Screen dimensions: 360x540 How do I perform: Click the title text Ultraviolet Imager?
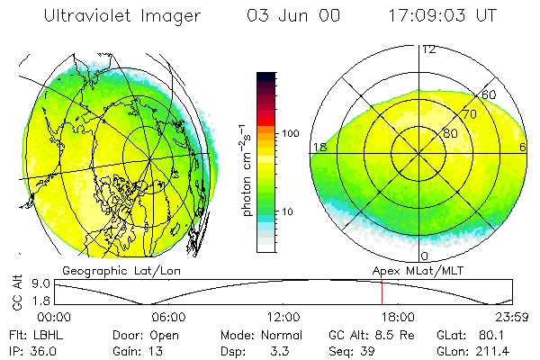[x=123, y=16]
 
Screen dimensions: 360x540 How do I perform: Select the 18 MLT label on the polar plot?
[x=318, y=147]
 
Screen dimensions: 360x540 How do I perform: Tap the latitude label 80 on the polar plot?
[x=450, y=133]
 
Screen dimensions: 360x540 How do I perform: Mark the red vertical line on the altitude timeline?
[x=382, y=292]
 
